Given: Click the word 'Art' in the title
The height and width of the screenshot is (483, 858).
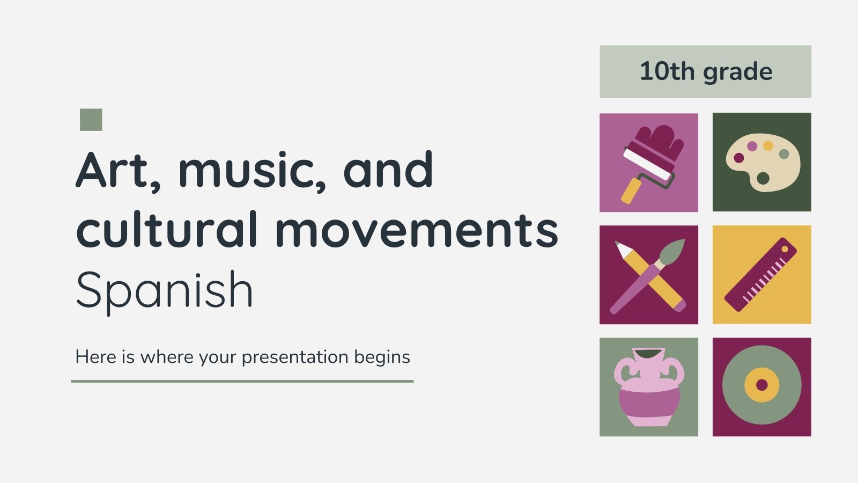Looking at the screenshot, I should coord(112,171).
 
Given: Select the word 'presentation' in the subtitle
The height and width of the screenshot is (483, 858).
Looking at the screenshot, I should coord(287,357).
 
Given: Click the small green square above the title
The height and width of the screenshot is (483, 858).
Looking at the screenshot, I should coord(91,120).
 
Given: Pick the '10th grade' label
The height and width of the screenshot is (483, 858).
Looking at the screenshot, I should coord(705,71).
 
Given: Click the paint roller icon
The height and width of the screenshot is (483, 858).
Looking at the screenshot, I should coord(652,158).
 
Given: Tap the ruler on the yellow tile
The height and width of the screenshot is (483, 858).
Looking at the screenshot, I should coord(760,275).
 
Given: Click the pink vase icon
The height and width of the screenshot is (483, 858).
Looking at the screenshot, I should coord(649,387).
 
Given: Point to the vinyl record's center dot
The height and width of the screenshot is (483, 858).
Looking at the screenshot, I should coord(761,385).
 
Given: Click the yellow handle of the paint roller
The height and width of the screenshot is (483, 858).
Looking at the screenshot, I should coord(631,191).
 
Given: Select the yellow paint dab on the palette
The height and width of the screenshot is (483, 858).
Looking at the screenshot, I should coord(768,145).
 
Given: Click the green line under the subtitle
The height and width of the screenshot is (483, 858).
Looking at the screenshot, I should coord(242,381).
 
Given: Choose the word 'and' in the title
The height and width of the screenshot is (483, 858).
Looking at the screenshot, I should coord(388,171).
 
